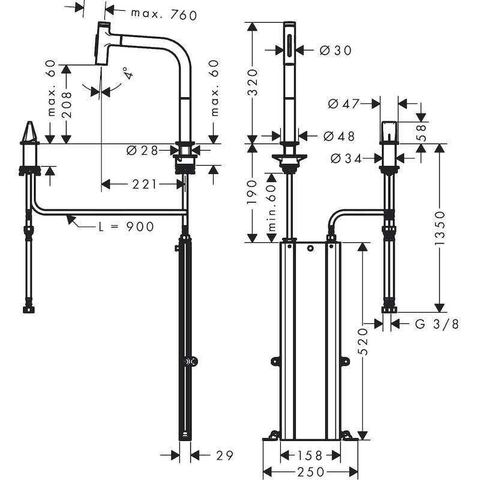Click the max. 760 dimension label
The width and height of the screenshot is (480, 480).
coord(164,15)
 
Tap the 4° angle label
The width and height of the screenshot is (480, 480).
coord(127,74)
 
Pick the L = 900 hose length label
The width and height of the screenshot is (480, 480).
coord(126,227)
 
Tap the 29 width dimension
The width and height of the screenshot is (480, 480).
coord(224,456)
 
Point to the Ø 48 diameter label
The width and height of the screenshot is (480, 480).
coord(339,136)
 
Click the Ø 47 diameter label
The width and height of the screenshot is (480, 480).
coord(343,104)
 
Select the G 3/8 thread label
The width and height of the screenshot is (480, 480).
coord(437,324)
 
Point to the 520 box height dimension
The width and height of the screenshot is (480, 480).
coord(362,341)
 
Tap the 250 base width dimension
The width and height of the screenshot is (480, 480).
coord(310,472)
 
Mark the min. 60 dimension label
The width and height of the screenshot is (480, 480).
coord(271,208)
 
